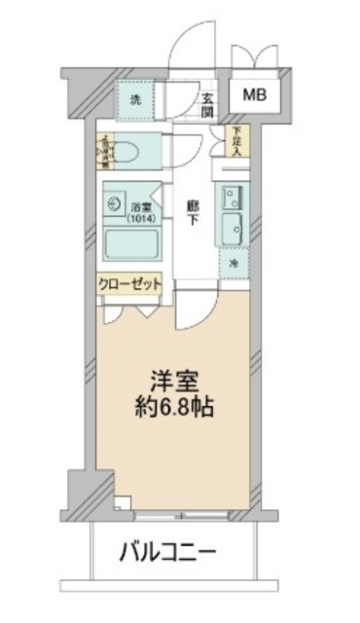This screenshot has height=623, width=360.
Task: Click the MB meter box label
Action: (x=254, y=94)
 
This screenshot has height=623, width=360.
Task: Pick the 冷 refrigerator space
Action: (x=234, y=264)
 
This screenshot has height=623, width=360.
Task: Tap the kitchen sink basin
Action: (x=234, y=230)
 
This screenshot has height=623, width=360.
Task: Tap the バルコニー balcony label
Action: (x=167, y=555)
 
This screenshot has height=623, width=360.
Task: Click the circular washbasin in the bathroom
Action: (x=113, y=205)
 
